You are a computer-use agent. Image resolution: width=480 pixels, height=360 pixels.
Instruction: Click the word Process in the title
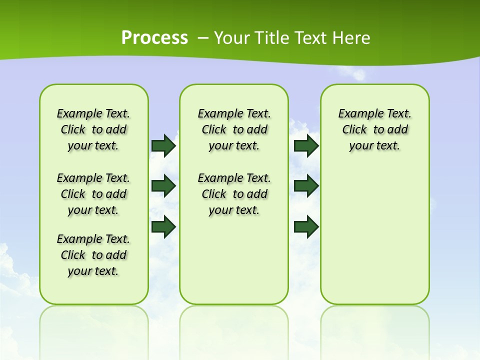pyautogui.click(x=154, y=38)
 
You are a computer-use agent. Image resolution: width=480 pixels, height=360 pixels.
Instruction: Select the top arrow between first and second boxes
pyautogui.click(x=163, y=145)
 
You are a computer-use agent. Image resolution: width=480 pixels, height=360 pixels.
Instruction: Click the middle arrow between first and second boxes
pyautogui.click(x=163, y=186)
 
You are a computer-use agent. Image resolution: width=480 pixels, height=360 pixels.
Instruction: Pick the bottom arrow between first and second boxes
pyautogui.click(x=163, y=227)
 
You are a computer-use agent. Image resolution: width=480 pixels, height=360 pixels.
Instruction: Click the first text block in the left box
pyautogui.click(x=93, y=129)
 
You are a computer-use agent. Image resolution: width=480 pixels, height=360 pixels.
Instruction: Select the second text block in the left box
pyautogui.click(x=93, y=194)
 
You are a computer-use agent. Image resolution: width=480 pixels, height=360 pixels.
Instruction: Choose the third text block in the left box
pyautogui.click(x=93, y=255)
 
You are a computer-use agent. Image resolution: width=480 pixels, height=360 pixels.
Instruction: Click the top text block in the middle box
pyautogui.click(x=234, y=129)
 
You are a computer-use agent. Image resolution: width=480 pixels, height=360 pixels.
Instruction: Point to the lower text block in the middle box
pyautogui.click(x=234, y=194)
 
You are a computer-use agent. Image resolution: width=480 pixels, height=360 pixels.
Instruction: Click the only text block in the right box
pyautogui.click(x=374, y=129)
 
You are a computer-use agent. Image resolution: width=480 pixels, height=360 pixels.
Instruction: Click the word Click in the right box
pyautogui.click(x=354, y=130)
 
